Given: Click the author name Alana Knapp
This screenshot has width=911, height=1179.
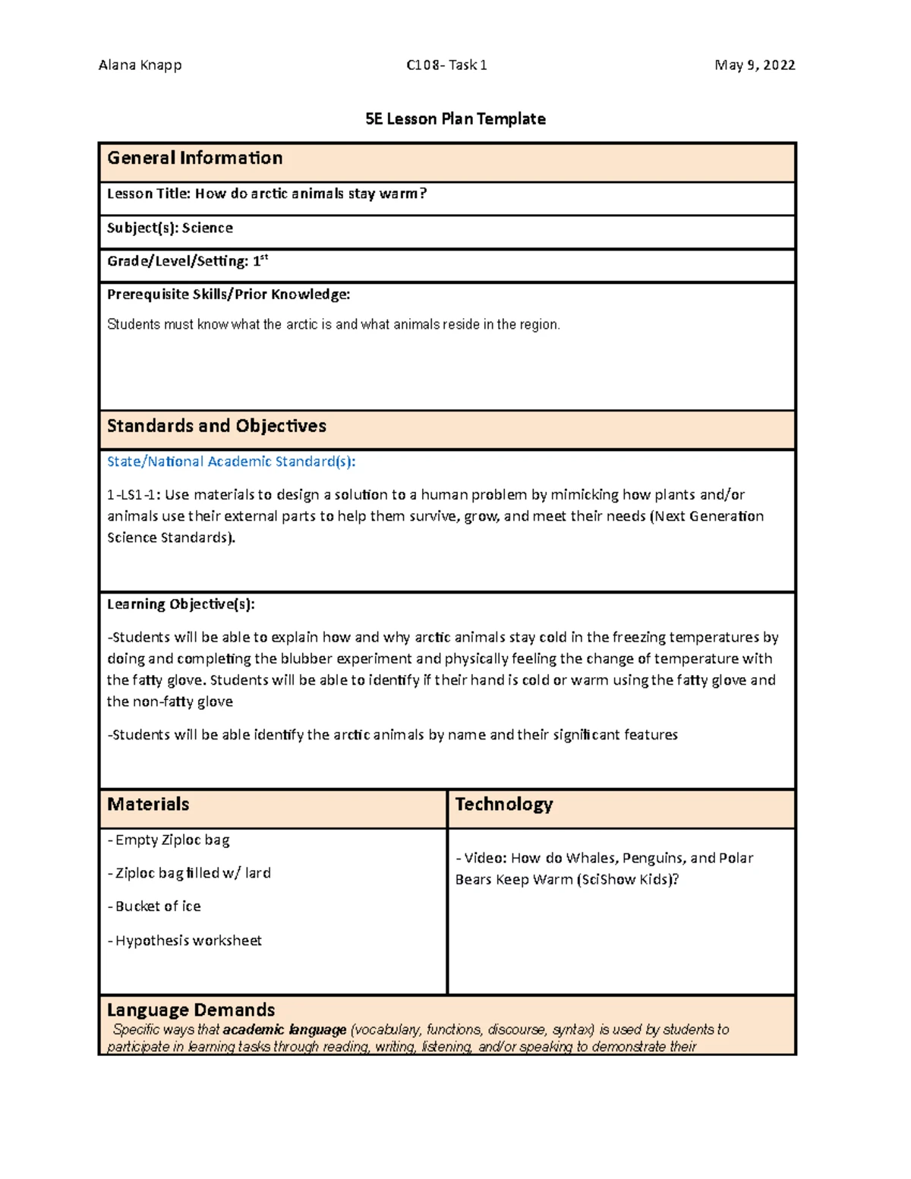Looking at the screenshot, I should pyautogui.click(x=140, y=65).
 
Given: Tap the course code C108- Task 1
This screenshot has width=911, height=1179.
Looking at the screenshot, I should pyautogui.click(x=446, y=65).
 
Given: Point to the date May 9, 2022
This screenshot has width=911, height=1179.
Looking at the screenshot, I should pyautogui.click(x=754, y=65).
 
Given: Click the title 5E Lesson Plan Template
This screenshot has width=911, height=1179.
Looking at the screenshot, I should pyautogui.click(x=455, y=119).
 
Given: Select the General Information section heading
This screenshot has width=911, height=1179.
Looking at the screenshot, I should pyautogui.click(x=194, y=158).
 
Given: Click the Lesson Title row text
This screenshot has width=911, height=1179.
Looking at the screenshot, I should pyautogui.click(x=266, y=194).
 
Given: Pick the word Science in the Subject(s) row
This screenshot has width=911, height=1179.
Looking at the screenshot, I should pyautogui.click(x=207, y=228).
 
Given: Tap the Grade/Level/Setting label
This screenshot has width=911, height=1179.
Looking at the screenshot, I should pyautogui.click(x=178, y=261).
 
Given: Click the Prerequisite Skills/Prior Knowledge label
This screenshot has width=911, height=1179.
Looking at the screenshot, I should pyautogui.click(x=228, y=295).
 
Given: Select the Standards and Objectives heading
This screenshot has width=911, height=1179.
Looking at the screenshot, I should pyautogui.click(x=216, y=426).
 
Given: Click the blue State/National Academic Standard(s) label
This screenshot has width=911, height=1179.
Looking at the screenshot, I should pyautogui.click(x=231, y=462).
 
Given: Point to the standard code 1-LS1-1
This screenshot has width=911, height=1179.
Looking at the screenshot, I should pyautogui.click(x=133, y=495).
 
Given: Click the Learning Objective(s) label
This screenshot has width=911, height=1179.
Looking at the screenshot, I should pyautogui.click(x=181, y=604).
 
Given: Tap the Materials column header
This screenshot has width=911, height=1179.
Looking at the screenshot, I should pyautogui.click(x=148, y=804).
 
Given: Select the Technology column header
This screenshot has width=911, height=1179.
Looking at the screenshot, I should pyautogui.click(x=503, y=804).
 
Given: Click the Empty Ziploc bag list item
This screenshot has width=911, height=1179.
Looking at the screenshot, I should pyautogui.click(x=169, y=840).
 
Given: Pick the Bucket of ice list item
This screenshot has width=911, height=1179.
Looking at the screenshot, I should pyautogui.click(x=155, y=906).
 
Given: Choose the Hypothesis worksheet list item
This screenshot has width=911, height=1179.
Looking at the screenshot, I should pyautogui.click(x=185, y=941).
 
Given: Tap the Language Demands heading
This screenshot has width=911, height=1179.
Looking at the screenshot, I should pyautogui.click(x=191, y=1010).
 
